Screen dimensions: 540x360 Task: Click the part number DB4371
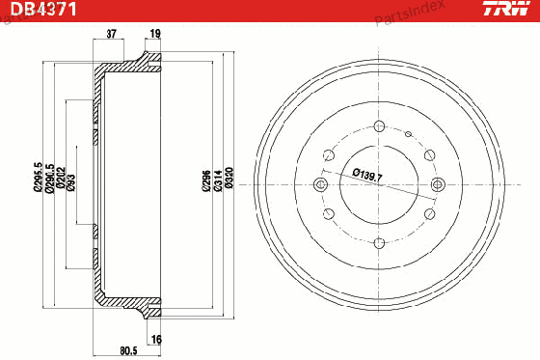[43, 9]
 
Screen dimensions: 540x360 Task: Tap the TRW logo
[506, 9]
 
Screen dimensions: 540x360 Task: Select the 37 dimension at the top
[111, 34]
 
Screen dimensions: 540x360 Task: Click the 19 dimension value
[155, 34]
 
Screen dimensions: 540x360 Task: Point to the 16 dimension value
[156, 340]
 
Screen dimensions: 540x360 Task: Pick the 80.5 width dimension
[128, 350]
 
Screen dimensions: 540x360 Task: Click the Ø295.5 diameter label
[38, 177]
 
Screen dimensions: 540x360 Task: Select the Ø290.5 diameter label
[49, 178]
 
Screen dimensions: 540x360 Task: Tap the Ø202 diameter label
[61, 178]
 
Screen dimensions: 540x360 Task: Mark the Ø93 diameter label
[71, 182]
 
